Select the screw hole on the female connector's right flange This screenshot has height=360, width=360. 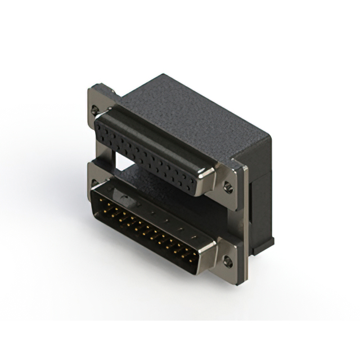tap(228, 186)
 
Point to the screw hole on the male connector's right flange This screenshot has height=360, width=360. tap(227, 260)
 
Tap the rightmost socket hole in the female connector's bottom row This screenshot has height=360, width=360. tap(194, 185)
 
